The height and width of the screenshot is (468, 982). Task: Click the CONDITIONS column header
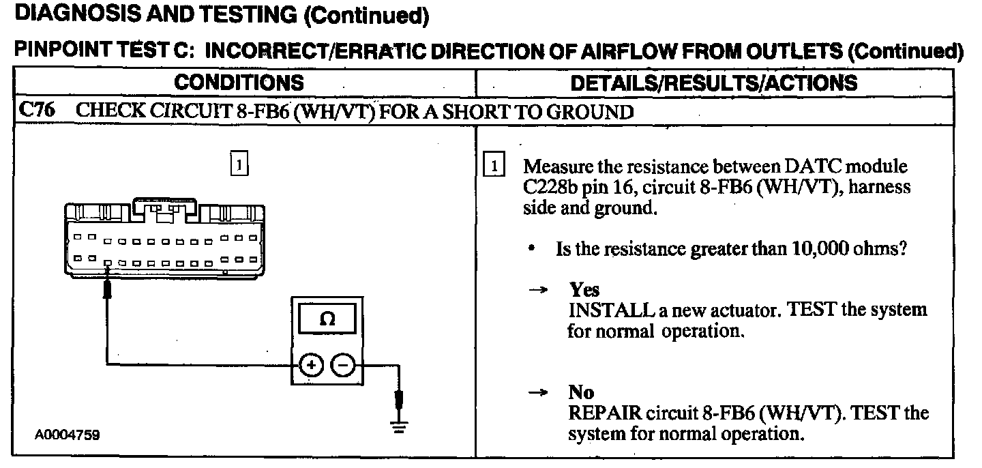238,83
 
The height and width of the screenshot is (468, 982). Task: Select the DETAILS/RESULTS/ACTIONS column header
713,83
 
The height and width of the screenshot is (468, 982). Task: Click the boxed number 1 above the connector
239,165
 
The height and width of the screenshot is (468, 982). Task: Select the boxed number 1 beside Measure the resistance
493,166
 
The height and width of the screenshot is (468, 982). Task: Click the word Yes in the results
584,291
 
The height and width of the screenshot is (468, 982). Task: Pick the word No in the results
581,393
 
